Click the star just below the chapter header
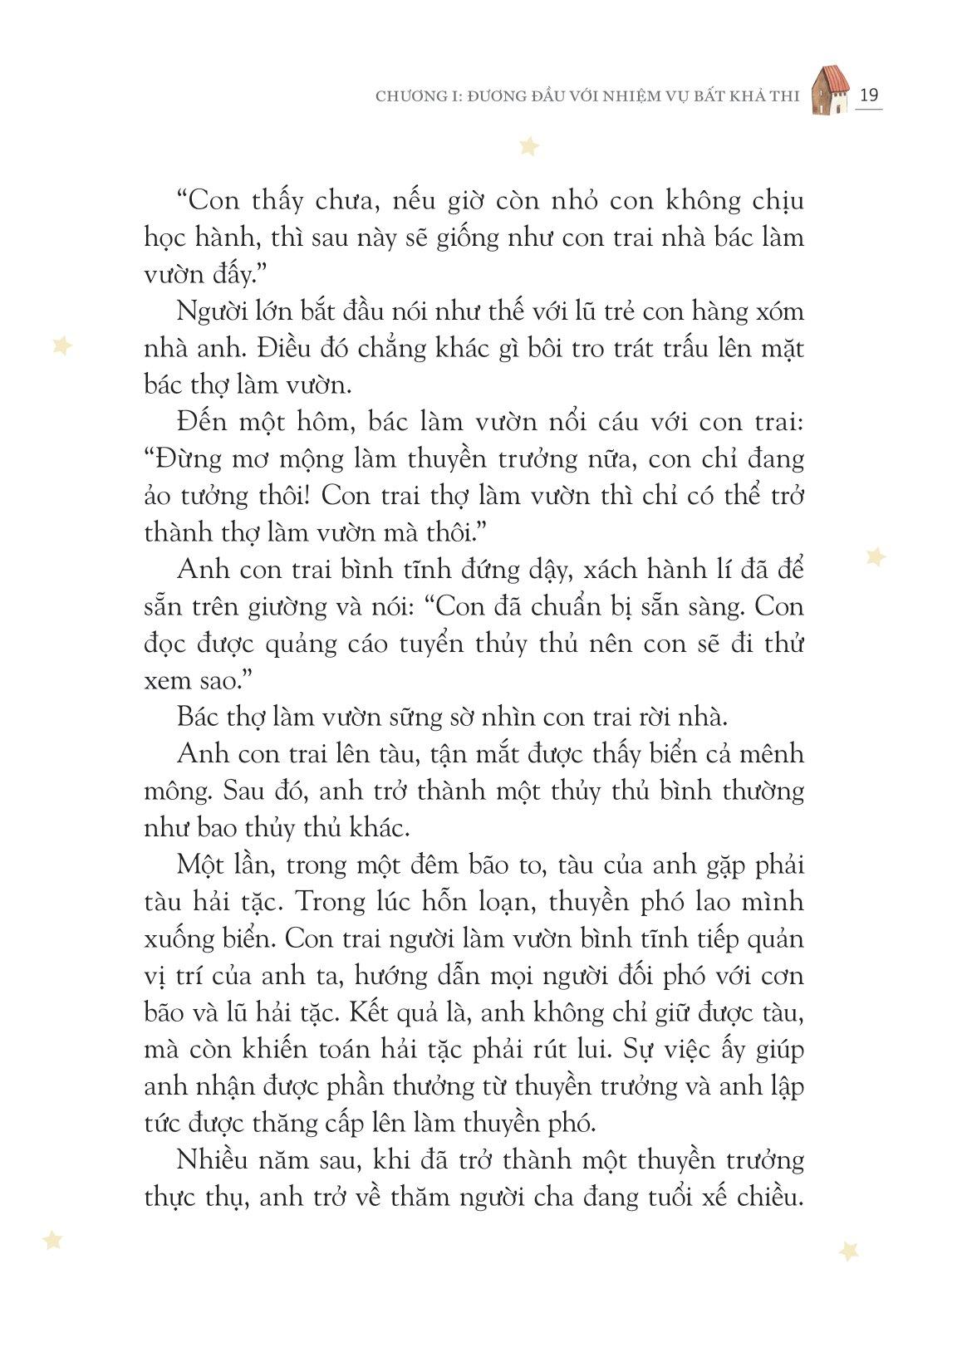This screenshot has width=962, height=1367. coord(528,147)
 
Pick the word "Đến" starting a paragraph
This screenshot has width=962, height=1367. coord(201,422)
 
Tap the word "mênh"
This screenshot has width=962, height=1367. coord(768,754)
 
